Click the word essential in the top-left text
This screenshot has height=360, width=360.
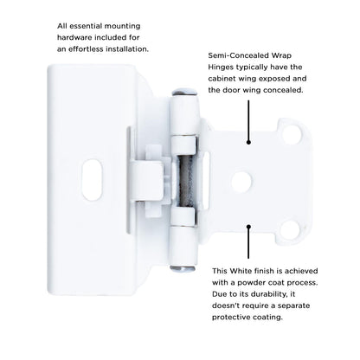click(x=64, y=26)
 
